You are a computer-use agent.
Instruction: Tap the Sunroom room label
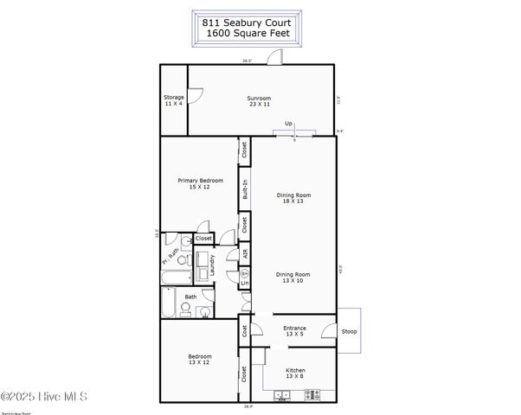pyautogui.click(x=260, y=100)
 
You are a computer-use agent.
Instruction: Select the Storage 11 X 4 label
pyautogui.click(x=174, y=100)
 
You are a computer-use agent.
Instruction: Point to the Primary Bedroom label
pyautogui.click(x=200, y=183)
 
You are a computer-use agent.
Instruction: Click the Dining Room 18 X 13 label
pyautogui.click(x=293, y=198)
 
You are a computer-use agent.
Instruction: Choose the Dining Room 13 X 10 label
pyautogui.click(x=293, y=277)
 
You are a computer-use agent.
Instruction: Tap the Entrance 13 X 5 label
pyautogui.click(x=295, y=331)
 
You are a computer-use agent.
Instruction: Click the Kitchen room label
pyautogui.click(x=295, y=373)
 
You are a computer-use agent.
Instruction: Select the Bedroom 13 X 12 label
pyautogui.click(x=200, y=359)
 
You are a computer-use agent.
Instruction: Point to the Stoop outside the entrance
pyautogui.click(x=349, y=331)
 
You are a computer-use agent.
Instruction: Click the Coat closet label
pyautogui.click(x=245, y=331)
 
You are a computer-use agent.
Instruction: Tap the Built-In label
pyautogui.click(x=245, y=188)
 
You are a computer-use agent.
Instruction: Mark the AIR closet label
pyautogui.click(x=245, y=254)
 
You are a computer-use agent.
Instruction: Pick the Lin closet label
pyautogui.click(x=245, y=283)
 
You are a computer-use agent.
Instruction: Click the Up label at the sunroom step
pyautogui.click(x=288, y=124)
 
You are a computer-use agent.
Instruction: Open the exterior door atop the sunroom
pyautogui.click(x=273, y=58)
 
